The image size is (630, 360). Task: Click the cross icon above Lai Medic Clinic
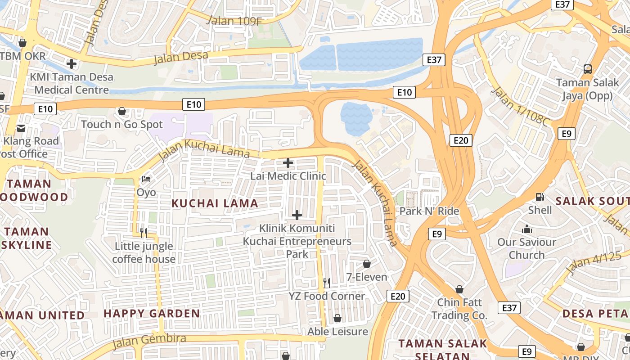tap(288, 163)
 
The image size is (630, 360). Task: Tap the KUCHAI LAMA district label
tap(215, 203)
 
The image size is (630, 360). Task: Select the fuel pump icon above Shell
tap(540, 197)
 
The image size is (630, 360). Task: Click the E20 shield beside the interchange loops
tap(461, 140)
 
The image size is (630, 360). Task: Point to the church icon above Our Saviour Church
tap(526, 229)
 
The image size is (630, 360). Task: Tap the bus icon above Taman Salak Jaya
tap(587, 69)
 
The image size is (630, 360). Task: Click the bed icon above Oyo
tap(146, 179)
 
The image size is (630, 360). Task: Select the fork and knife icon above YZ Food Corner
tap(327, 283)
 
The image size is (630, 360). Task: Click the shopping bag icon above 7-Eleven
tap(367, 264)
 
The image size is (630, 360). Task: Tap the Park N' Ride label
tap(429, 211)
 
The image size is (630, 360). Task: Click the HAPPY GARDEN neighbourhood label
tap(152, 314)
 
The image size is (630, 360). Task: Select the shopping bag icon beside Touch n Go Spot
tap(121, 111)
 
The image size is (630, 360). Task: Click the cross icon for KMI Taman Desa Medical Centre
tap(71, 64)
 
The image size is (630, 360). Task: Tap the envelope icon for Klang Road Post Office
tap(21, 128)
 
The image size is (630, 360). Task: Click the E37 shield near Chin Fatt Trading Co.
tap(509, 308)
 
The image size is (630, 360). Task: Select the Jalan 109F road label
tap(234, 20)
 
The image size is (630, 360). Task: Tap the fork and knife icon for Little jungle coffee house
tap(144, 233)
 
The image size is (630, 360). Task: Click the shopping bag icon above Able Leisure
tap(337, 319)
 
